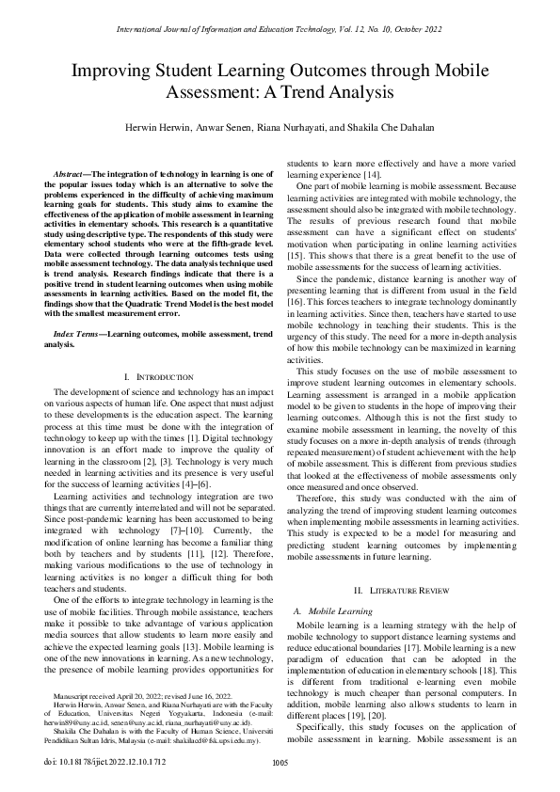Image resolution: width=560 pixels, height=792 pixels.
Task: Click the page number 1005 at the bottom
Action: [279, 763]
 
